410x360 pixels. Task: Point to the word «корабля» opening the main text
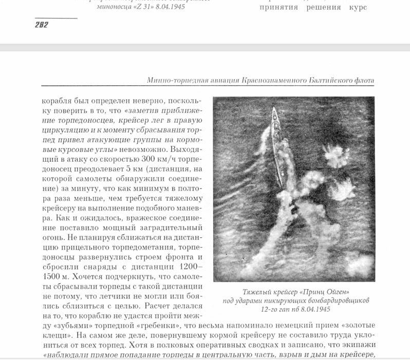(x=55, y=98)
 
